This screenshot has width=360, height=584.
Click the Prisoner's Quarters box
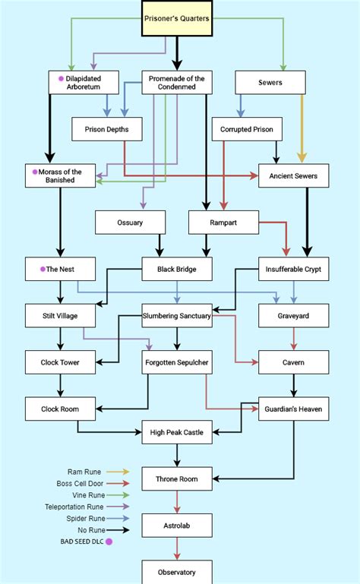(177, 18)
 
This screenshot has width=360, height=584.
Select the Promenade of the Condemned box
(177, 82)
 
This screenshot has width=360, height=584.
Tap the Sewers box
(270, 82)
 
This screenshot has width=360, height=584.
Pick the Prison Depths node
(107, 129)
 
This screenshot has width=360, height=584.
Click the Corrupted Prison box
(247, 129)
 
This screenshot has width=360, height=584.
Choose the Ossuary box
(130, 223)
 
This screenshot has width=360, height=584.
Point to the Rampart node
(223, 223)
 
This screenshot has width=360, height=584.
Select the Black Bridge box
(177, 269)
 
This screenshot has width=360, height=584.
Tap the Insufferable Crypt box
(294, 269)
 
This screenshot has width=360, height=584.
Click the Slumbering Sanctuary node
(177, 315)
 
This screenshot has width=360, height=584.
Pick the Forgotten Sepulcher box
(177, 362)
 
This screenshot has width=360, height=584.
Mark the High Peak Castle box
(177, 432)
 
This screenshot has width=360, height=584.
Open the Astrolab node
(177, 526)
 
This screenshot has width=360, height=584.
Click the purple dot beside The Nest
(43, 269)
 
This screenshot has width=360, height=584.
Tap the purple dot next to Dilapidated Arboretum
(61, 78)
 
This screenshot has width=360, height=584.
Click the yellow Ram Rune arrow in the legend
(118, 472)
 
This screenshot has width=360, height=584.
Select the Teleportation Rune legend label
(74, 507)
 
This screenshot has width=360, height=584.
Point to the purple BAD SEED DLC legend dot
(109, 541)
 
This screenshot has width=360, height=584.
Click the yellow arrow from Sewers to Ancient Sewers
(302, 128)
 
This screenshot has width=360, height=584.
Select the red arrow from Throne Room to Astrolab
(177, 502)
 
